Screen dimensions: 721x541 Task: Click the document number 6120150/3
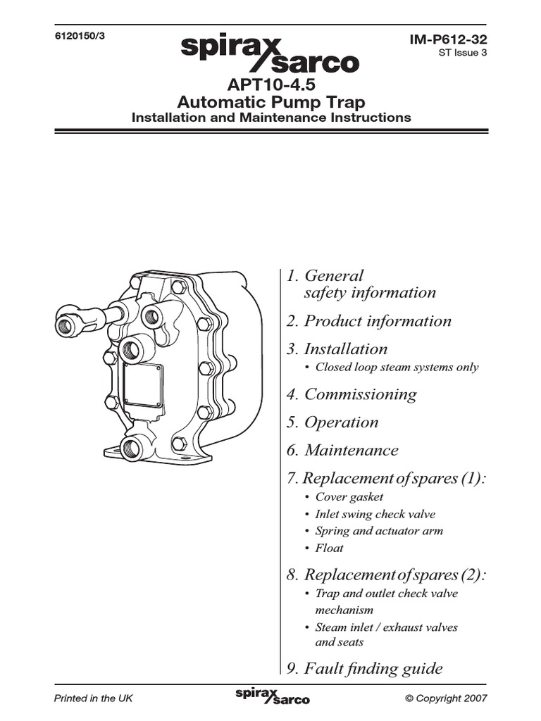(x=79, y=36)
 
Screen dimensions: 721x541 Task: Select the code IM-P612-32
(x=448, y=42)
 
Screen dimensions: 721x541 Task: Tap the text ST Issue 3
(x=462, y=54)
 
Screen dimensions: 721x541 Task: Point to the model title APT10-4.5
(x=270, y=85)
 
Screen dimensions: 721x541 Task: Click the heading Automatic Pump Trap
(x=270, y=102)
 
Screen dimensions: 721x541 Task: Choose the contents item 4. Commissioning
(x=352, y=394)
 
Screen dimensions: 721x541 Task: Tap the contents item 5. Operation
(x=332, y=422)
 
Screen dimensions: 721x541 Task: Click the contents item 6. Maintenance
(x=342, y=451)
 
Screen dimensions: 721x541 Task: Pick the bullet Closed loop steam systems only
(x=396, y=367)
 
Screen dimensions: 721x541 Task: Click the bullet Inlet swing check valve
(x=375, y=514)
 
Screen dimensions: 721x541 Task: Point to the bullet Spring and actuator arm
(x=379, y=531)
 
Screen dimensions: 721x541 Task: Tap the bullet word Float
(x=329, y=548)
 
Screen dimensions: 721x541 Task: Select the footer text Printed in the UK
(x=94, y=698)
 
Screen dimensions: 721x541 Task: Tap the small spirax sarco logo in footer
(x=271, y=696)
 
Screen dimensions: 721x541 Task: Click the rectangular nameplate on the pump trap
(x=143, y=386)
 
